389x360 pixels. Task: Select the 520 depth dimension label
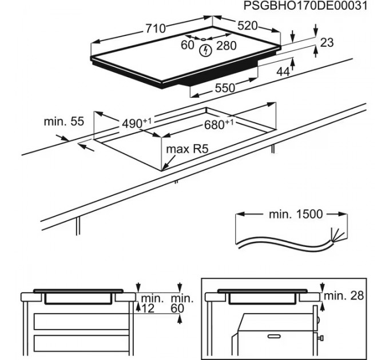point(247,26)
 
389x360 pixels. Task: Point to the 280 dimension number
point(226,46)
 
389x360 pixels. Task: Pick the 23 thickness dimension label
point(327,42)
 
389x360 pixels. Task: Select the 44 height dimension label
point(283,71)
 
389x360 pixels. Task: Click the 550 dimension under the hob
point(225,88)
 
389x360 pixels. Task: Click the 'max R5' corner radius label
point(186,149)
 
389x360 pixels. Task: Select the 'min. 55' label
point(63,121)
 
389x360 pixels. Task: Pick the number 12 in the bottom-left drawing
point(148,309)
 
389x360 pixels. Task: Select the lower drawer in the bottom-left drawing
point(81,344)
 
